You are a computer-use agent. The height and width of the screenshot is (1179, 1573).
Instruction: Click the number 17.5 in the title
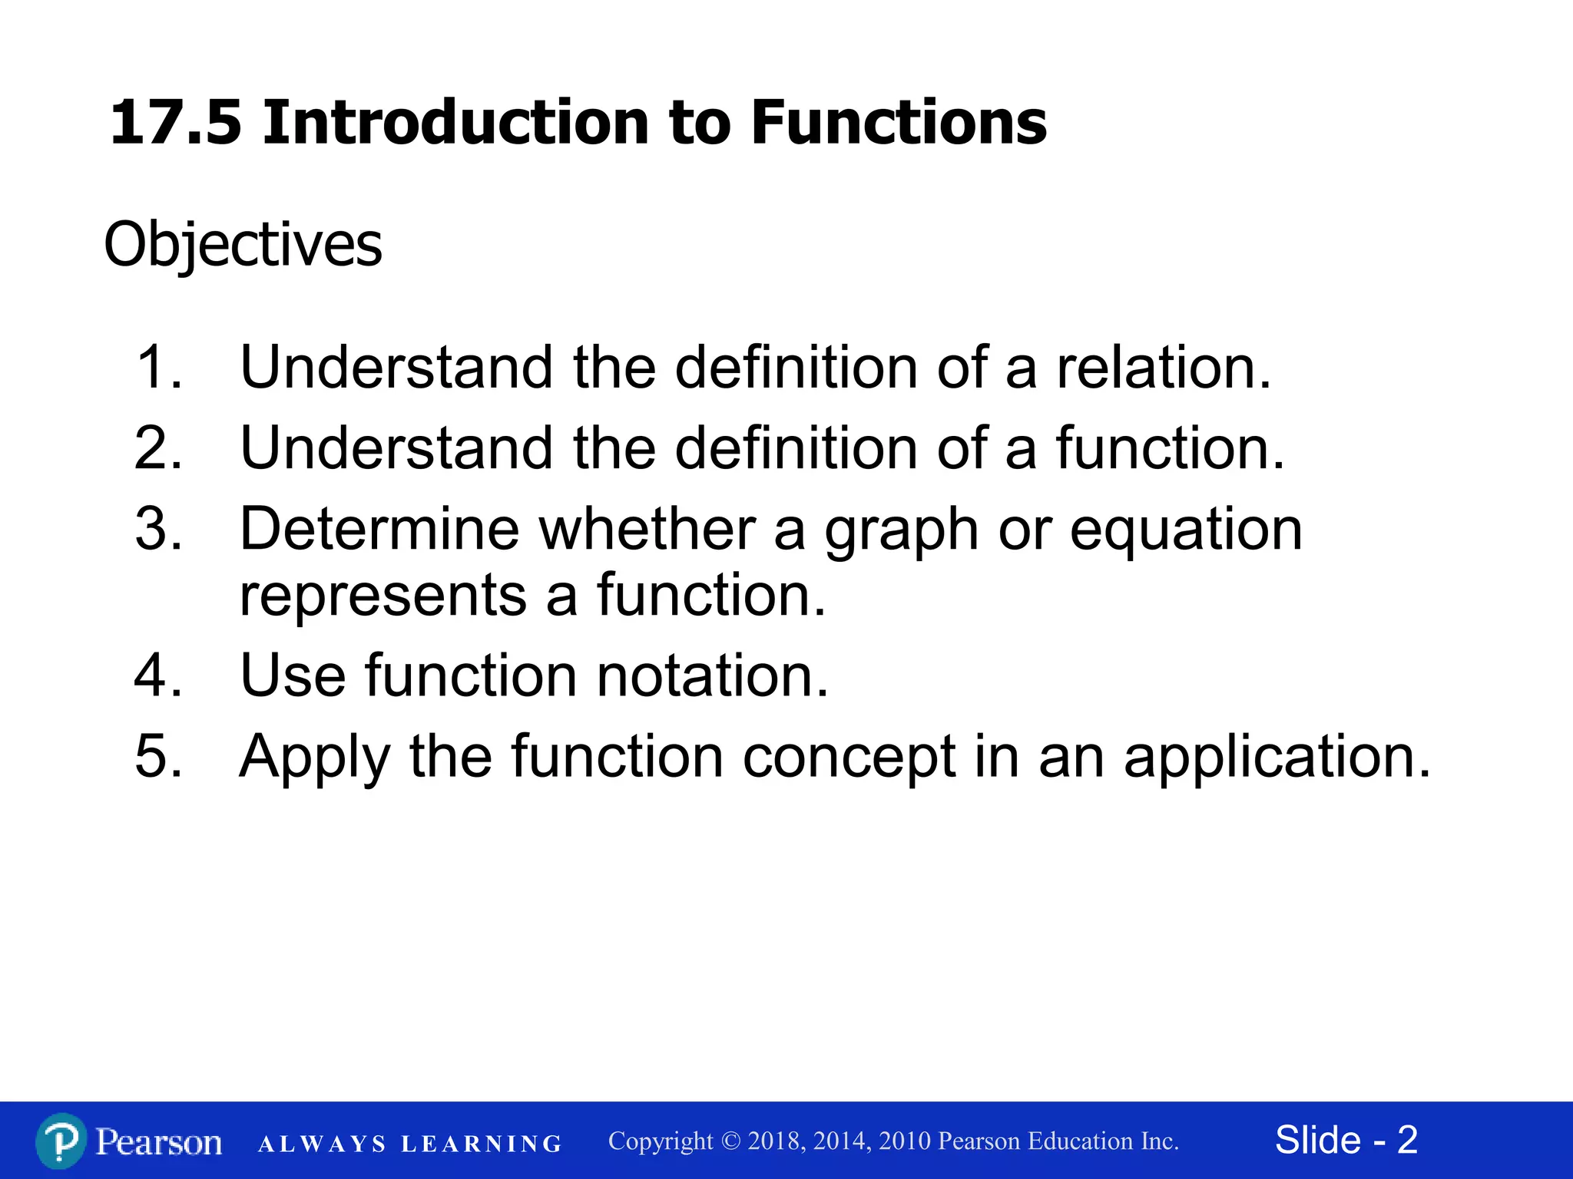click(176, 123)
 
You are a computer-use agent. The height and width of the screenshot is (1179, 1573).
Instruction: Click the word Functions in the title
click(898, 123)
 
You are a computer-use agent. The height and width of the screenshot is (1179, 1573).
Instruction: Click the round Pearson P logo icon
click(61, 1141)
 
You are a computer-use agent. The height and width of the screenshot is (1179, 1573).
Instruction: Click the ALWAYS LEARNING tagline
click(410, 1144)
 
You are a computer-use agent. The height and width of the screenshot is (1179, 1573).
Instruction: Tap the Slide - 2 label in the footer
click(1346, 1140)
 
